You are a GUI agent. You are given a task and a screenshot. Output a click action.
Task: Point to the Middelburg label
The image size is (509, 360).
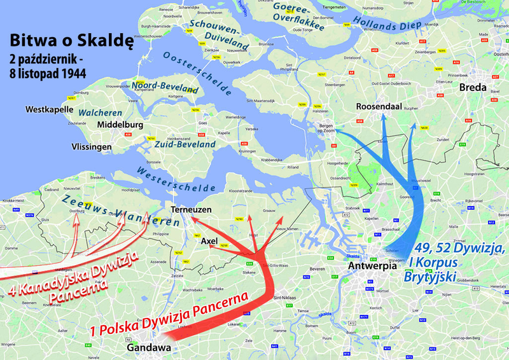tap(125, 125)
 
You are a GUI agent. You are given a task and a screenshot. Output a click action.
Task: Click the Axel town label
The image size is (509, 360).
tap(209, 242)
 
